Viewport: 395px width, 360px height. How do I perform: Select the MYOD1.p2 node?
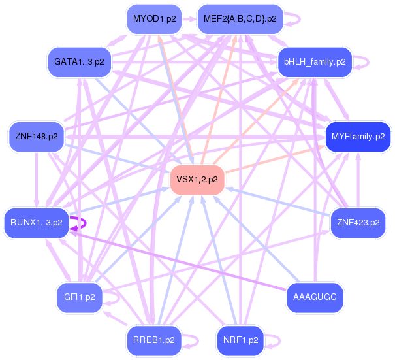tap(154, 19)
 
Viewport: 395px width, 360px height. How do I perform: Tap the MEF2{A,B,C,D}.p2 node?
tap(240, 19)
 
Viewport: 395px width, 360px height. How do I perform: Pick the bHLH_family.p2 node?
tap(315, 62)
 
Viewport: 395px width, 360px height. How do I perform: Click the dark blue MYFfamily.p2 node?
tap(358, 137)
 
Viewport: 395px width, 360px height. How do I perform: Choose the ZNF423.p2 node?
tap(358, 222)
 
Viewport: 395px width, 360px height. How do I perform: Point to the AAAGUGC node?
tap(315, 297)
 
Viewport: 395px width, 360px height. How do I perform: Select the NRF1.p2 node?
tap(240, 340)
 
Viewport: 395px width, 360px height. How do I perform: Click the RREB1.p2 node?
tap(154, 340)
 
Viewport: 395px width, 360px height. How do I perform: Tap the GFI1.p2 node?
tap(80, 297)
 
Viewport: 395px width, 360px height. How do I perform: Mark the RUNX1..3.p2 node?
tap(37, 222)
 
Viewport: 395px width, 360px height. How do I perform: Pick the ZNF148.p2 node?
tap(37, 137)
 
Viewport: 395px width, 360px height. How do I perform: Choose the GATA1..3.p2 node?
tap(80, 62)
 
